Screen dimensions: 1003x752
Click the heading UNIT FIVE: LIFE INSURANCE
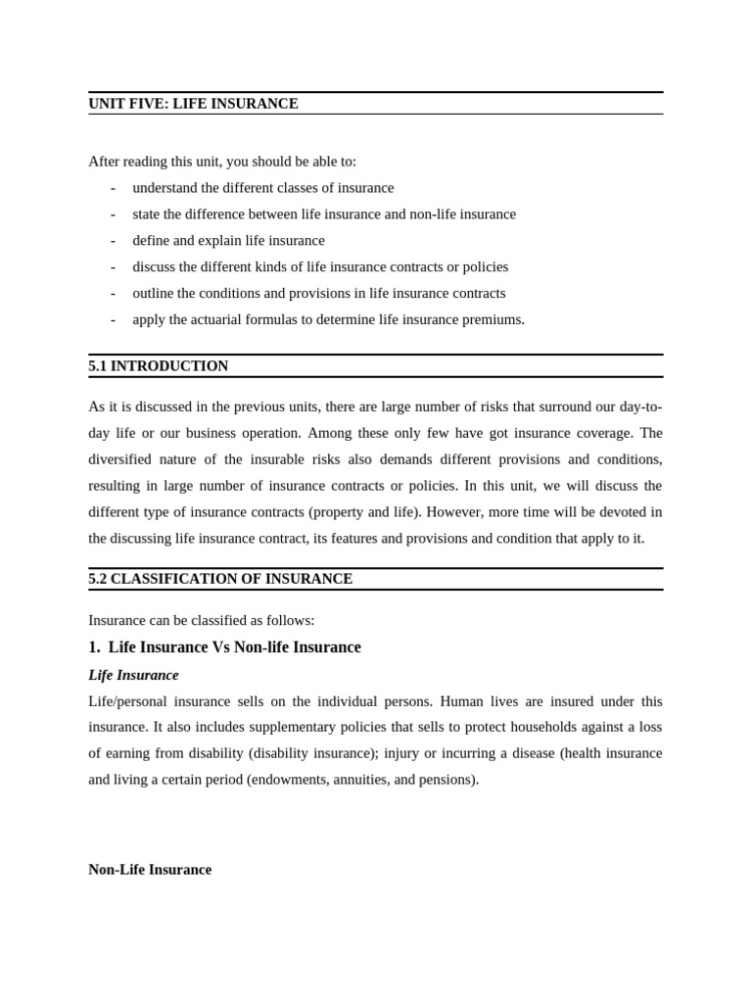[193, 104]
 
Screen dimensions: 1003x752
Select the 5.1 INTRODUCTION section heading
[158, 366]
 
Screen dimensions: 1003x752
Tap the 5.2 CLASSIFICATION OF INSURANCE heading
[220, 579]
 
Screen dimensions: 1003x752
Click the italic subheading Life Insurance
[133, 675]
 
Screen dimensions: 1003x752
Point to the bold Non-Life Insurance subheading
[150, 870]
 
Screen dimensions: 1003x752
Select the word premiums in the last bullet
[493, 319]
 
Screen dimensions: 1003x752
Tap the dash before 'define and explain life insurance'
[113, 241]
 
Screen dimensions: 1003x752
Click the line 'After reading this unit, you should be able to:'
[222, 162]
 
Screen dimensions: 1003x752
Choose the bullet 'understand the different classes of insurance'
[262, 188]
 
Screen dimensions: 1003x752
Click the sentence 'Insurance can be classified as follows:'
[201, 621]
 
